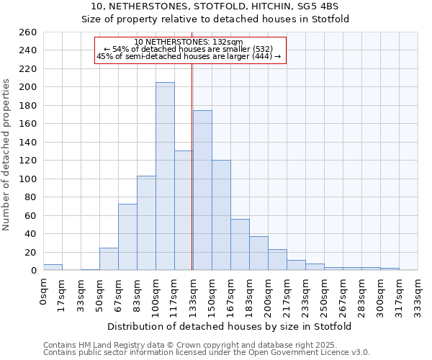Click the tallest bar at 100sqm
165,176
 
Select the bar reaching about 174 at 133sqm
202,191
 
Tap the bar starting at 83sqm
146,223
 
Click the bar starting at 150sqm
221,215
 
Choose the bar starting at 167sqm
240,245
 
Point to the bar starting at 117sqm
184,210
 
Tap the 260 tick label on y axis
28,32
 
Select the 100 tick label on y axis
28,179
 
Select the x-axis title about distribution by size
230,326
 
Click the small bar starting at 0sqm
53,267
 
